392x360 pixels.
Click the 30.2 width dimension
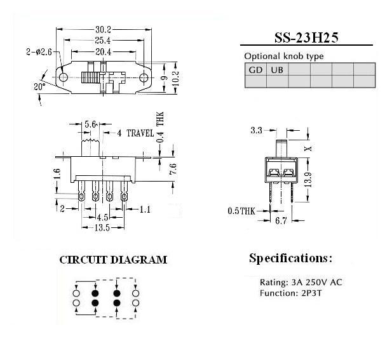pyautogui.click(x=103, y=29)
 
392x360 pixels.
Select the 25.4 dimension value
pyautogui.click(x=102, y=40)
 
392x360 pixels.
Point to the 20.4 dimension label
pyautogui.click(x=104, y=52)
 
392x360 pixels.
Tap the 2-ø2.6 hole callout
pyautogui.click(x=39, y=52)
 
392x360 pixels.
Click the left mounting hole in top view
pyautogui.click(x=64, y=77)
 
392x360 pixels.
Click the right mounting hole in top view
pyautogui.click(x=144, y=78)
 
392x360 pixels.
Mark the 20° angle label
pyautogui.click(x=40, y=87)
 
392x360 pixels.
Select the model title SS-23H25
pyautogui.click(x=306, y=37)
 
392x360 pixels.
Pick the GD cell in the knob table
pyautogui.click(x=255, y=69)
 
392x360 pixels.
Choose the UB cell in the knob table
pyautogui.click(x=277, y=69)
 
